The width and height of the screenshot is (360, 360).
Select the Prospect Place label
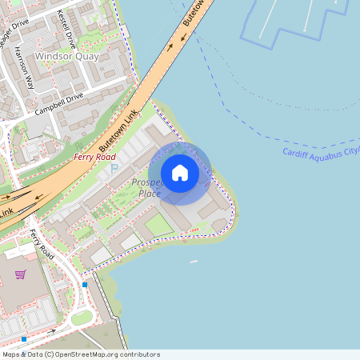coord(147,188)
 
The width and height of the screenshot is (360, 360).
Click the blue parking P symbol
coord(113,169)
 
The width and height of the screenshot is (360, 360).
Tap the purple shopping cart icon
coord(20,274)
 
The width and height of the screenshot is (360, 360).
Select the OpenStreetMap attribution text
coord(80,354)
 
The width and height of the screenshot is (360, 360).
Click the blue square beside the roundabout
coord(85,285)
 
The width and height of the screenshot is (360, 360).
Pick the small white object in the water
coord(193,261)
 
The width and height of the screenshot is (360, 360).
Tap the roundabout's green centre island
coord(82,318)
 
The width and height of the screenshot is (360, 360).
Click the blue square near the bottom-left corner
coord(24,338)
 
